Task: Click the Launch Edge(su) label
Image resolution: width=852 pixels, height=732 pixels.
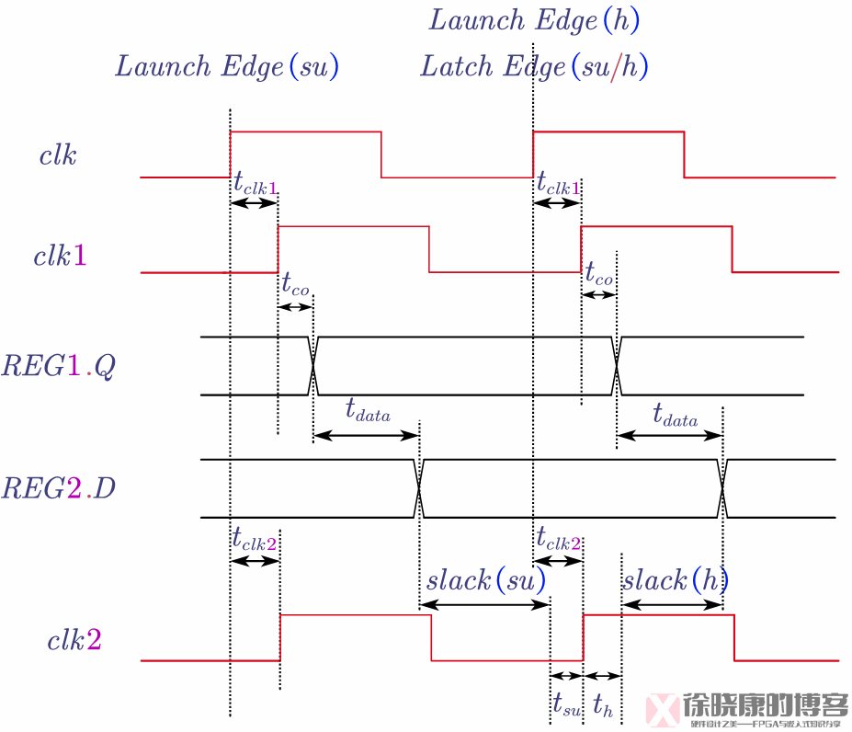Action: (227, 66)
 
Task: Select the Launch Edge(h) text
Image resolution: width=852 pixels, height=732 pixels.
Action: (534, 20)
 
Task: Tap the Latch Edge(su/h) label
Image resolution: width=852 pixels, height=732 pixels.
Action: (534, 66)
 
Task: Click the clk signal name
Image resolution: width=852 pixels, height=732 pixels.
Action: (57, 154)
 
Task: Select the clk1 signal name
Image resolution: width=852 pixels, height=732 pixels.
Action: (61, 256)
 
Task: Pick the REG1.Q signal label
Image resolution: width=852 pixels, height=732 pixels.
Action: (58, 366)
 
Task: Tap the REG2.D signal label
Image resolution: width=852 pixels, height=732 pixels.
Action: (58, 487)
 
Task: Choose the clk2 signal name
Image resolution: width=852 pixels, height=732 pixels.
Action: (74, 640)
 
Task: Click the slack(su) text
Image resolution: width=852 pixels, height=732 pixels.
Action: (485, 580)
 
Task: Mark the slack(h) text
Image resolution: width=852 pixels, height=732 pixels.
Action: (674, 580)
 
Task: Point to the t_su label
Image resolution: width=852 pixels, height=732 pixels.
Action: (566, 704)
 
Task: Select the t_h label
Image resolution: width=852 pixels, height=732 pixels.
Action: (603, 705)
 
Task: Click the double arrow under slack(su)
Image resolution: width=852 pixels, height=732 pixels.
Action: (484, 604)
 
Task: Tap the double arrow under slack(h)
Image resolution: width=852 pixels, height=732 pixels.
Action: (672, 604)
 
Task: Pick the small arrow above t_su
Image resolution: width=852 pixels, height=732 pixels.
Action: (566, 676)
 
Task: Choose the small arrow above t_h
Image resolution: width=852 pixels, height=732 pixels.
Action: (603, 676)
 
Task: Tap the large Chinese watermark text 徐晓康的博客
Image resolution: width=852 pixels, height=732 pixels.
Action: (765, 704)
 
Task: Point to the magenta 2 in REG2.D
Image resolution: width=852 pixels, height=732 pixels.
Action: (74, 487)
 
